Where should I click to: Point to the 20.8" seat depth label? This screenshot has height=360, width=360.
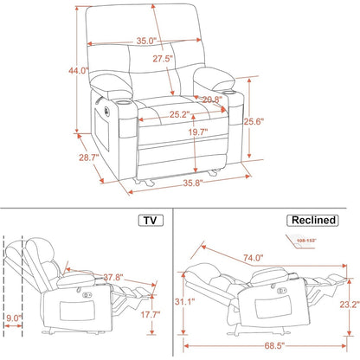click(x=209, y=100)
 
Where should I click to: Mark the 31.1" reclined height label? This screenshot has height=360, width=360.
click(x=197, y=301)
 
